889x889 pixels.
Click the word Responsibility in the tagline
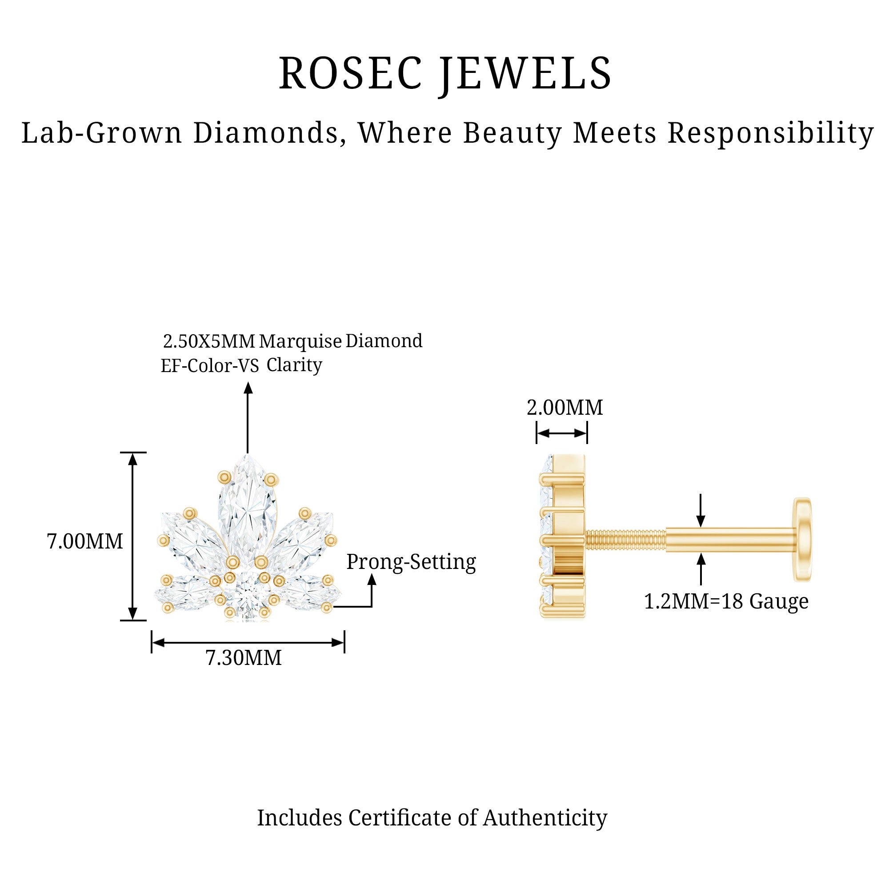[770, 133]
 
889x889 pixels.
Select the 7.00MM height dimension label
[85, 541]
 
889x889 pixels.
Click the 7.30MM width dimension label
[244, 658]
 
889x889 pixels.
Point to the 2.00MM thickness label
[565, 408]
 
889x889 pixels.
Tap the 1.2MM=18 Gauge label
[726, 602]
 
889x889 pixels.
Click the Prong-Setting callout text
[411, 562]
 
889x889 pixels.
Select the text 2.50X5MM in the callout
[209, 341]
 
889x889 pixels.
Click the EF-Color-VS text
[210, 366]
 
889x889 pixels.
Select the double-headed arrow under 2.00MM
[562, 433]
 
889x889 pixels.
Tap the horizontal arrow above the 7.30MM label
[248, 643]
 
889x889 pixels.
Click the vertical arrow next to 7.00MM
[133, 537]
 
